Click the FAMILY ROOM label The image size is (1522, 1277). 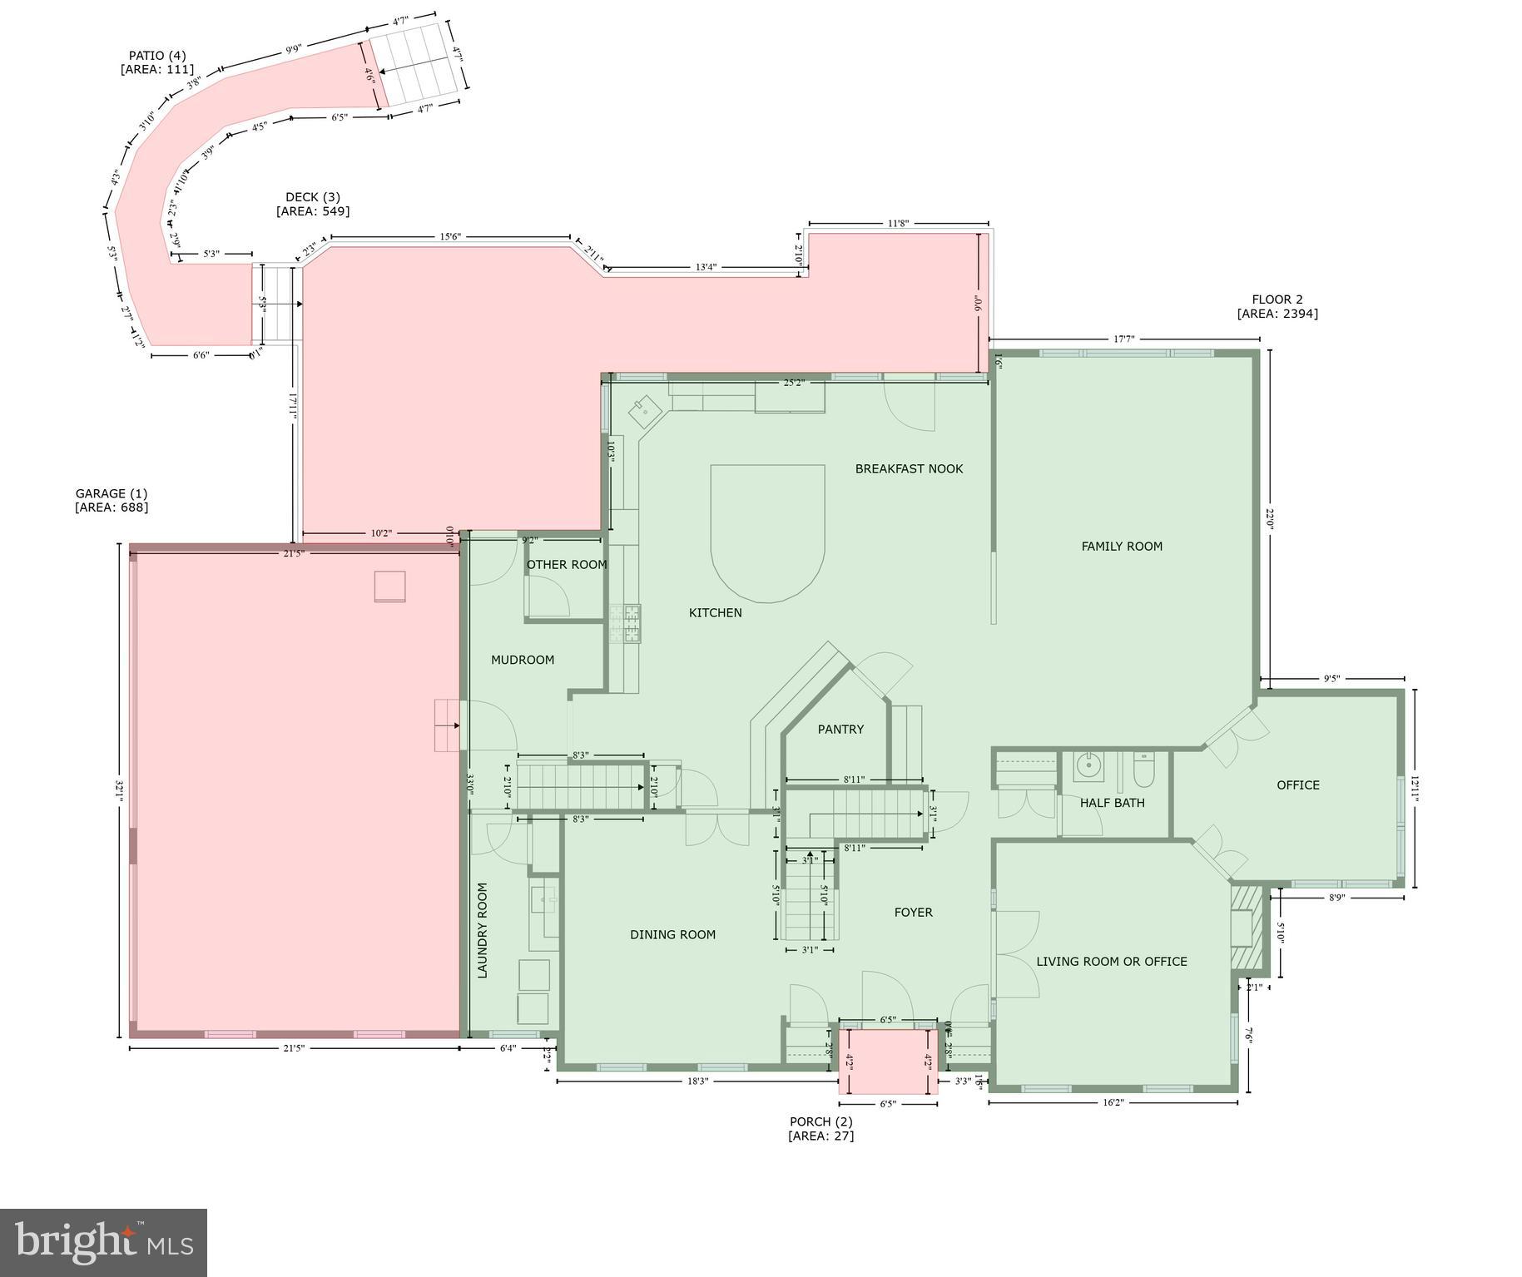click(x=1121, y=547)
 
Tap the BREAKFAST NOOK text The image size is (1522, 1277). click(x=909, y=469)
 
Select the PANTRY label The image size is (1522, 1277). click(x=840, y=730)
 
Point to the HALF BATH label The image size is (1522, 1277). click(x=1112, y=803)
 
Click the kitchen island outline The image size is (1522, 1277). click(x=767, y=532)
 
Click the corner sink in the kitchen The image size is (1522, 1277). click(x=644, y=409)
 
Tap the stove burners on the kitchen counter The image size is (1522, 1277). click(x=625, y=623)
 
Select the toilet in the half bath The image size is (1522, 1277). click(x=1143, y=770)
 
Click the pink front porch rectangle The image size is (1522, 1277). click(x=887, y=1062)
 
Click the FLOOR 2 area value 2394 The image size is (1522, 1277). click(x=1277, y=314)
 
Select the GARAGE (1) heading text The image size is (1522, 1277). click(x=112, y=493)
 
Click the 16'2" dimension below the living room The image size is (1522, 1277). click(x=1113, y=1102)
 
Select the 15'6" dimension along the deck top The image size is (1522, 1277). click(x=449, y=237)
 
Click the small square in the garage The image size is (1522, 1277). click(x=389, y=586)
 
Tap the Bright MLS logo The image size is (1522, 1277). click(x=103, y=1242)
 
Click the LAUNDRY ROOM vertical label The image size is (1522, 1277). click(x=483, y=930)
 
